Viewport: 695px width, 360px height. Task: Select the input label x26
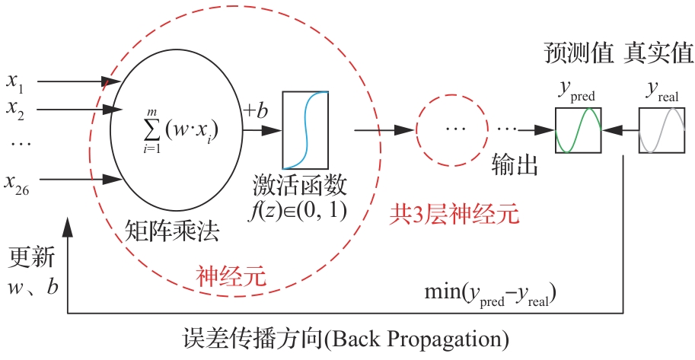pyautogui.click(x=17, y=183)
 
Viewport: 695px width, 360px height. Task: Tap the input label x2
pyautogui.click(x=15, y=110)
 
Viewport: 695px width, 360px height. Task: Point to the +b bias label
pyautogui.click(x=256, y=111)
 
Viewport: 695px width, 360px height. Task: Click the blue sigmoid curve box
pyautogui.click(x=305, y=130)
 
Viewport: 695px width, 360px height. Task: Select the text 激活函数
pyautogui.click(x=300, y=185)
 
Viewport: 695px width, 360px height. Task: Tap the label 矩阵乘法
pyautogui.click(x=172, y=231)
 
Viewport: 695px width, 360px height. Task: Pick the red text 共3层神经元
pyautogui.click(x=454, y=215)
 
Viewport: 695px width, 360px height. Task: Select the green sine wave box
pyautogui.click(x=578, y=130)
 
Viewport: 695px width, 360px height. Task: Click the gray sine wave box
pyautogui.click(x=662, y=130)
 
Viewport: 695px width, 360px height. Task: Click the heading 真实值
pyautogui.click(x=658, y=53)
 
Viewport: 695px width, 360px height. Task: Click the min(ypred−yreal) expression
pyautogui.click(x=490, y=294)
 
